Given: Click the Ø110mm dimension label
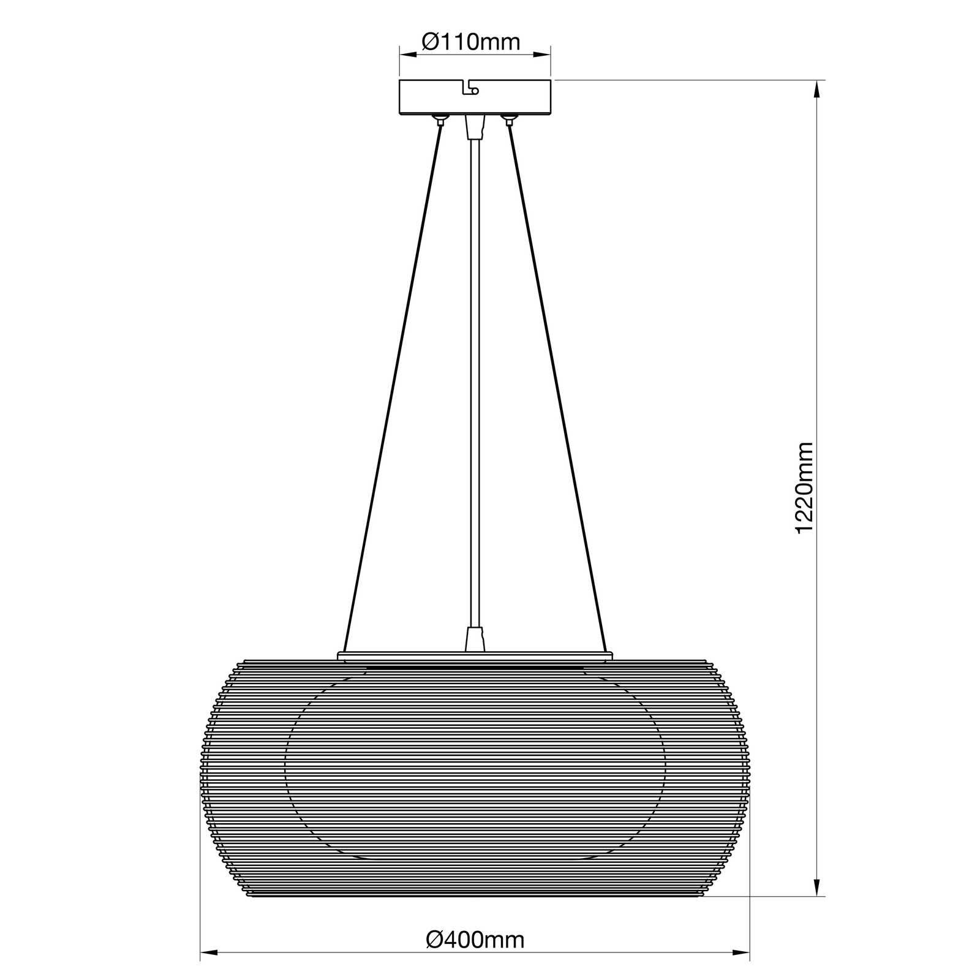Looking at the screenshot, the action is coord(471,42).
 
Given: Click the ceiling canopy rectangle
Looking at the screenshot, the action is coord(475,97).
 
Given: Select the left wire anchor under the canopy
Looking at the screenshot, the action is coord(439,118).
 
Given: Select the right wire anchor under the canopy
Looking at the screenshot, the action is coord(508,118).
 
